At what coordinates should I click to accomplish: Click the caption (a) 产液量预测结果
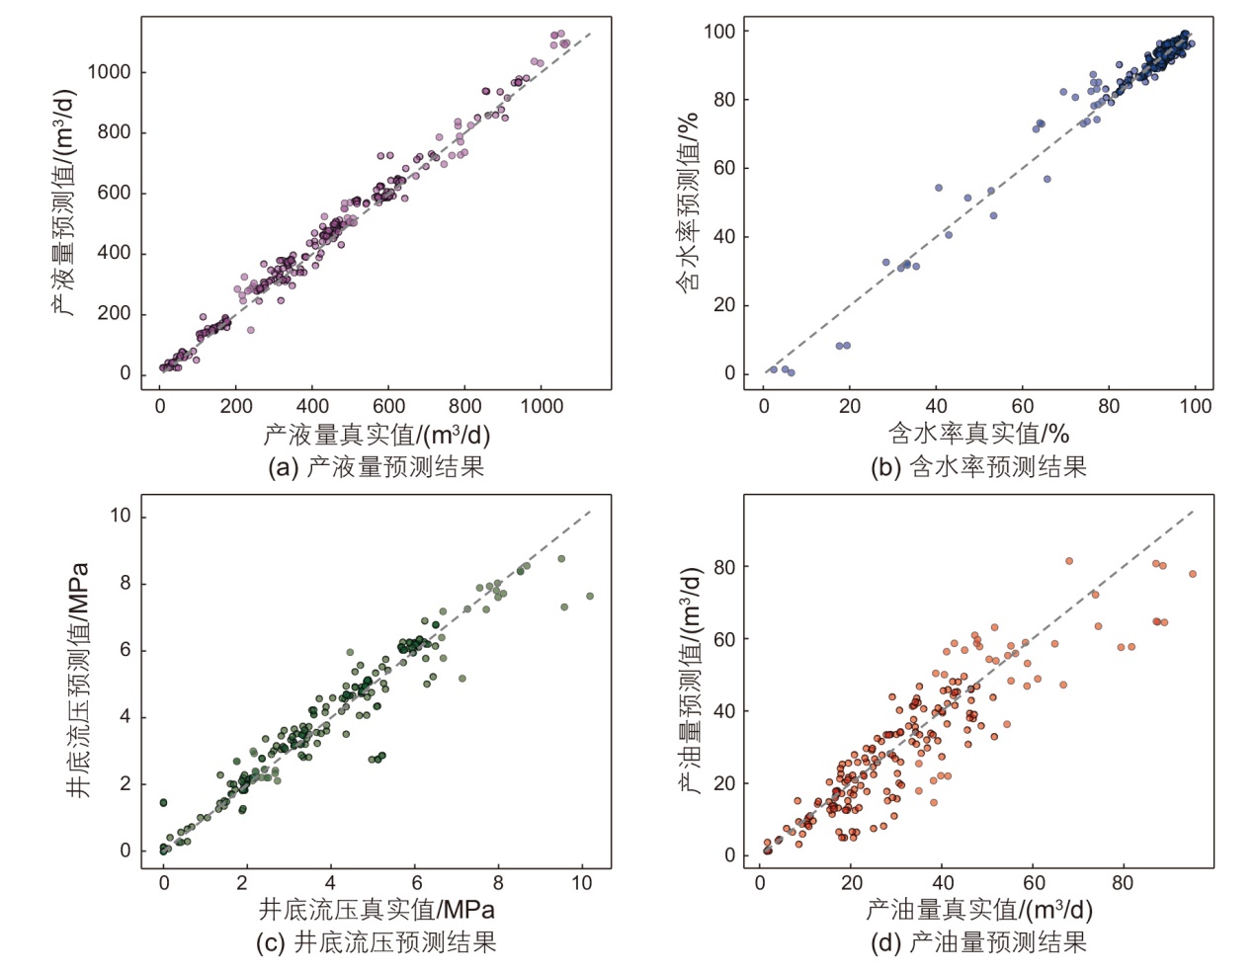(x=376, y=466)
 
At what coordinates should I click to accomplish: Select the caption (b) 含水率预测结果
(x=977, y=466)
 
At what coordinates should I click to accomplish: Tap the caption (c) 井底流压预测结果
(x=376, y=942)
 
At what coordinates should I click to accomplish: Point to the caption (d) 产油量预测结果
(x=977, y=942)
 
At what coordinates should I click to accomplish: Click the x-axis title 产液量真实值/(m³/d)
(x=376, y=435)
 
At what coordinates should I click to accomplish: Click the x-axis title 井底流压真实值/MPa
(x=376, y=909)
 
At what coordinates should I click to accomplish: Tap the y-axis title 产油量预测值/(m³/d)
(x=691, y=682)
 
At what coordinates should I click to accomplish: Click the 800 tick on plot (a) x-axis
(x=464, y=406)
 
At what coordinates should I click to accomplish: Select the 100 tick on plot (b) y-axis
(x=719, y=32)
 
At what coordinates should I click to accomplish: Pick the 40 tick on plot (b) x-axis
(x=936, y=406)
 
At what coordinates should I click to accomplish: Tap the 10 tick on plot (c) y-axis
(x=121, y=516)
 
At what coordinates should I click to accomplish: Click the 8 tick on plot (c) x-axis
(x=498, y=883)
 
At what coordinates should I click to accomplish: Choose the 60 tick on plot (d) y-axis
(x=724, y=639)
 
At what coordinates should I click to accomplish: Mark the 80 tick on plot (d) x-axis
(x=1123, y=883)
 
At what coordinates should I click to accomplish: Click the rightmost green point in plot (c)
(x=590, y=597)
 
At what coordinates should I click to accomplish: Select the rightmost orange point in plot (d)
(x=1193, y=574)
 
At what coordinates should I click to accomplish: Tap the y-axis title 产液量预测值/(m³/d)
(x=64, y=202)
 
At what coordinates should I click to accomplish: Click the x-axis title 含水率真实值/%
(x=978, y=435)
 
